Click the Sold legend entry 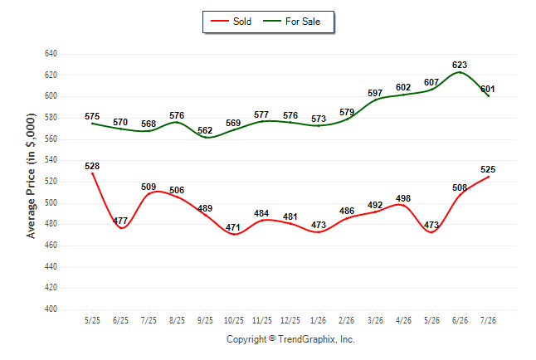[231, 22]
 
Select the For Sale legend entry [291, 22]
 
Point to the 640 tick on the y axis [51, 54]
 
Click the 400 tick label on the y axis [51, 309]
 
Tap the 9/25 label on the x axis [205, 320]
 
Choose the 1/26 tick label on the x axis [319, 320]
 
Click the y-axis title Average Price [31, 176]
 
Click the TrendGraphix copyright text [290, 339]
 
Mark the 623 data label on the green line [460, 65]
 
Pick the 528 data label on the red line [92, 166]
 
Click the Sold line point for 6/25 [120, 227]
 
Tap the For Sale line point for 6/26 [460, 72]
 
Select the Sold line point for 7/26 [488, 177]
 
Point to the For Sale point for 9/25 [206, 138]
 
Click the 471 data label [233, 227]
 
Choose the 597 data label [375, 93]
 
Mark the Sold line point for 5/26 [431, 232]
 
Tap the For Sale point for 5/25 [92, 124]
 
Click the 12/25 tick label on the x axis [290, 320]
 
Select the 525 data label [488, 169]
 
